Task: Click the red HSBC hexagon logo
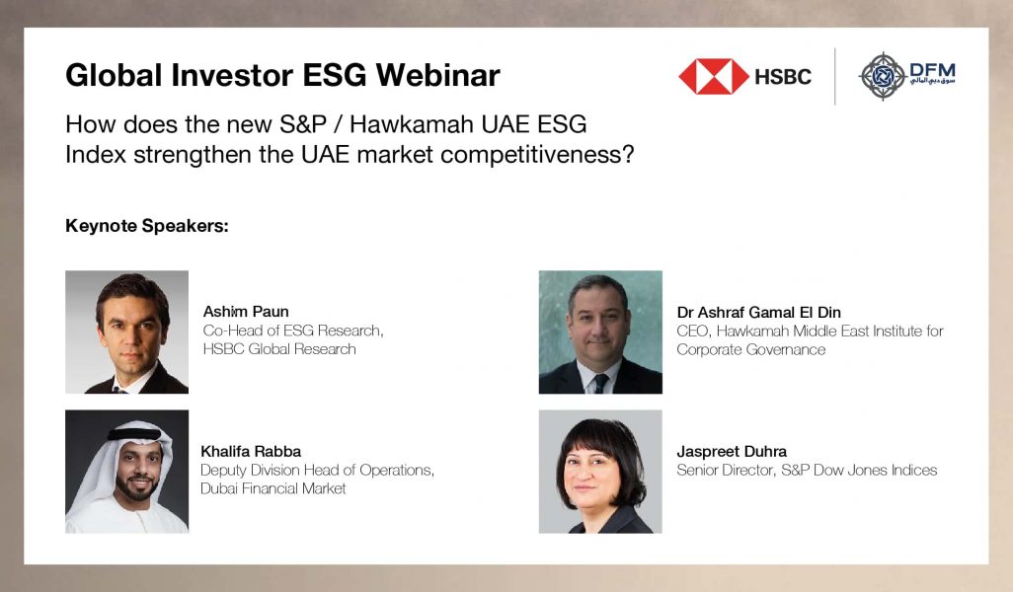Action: tap(713, 76)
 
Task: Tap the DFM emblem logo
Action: tap(882, 76)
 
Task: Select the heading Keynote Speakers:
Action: tap(147, 226)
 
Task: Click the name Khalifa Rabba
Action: tap(251, 451)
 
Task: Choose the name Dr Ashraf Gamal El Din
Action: tap(758, 312)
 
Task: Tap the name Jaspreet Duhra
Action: tap(732, 451)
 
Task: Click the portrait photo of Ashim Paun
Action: tap(126, 333)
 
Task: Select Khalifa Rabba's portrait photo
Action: tap(126, 472)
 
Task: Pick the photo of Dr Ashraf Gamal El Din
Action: tap(600, 333)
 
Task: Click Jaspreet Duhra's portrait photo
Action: tap(600, 472)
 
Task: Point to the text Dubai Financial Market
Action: tap(273, 488)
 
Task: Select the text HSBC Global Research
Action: tap(279, 349)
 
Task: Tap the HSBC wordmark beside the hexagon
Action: tap(783, 76)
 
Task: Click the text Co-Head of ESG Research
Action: tap(293, 331)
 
